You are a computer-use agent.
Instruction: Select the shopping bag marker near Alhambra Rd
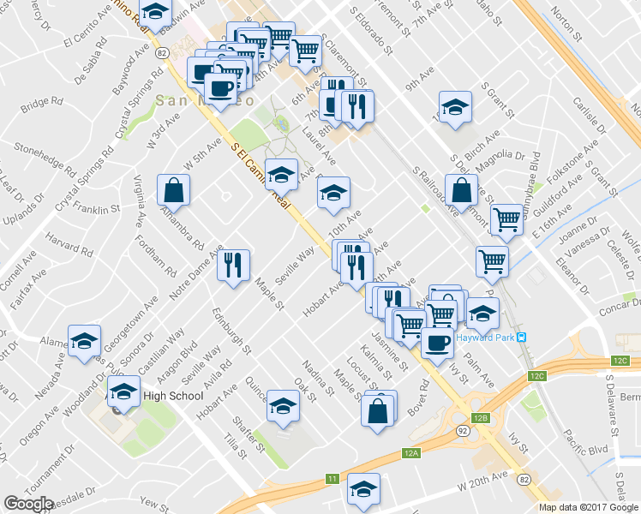[x=173, y=192]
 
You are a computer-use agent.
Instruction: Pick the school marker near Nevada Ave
[x=84, y=340]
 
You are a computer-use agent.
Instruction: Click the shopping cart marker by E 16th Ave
[x=506, y=219]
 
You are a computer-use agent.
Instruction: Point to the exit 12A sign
[x=411, y=452]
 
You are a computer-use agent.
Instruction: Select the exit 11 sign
[x=331, y=478]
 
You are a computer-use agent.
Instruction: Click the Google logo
[x=29, y=504]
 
